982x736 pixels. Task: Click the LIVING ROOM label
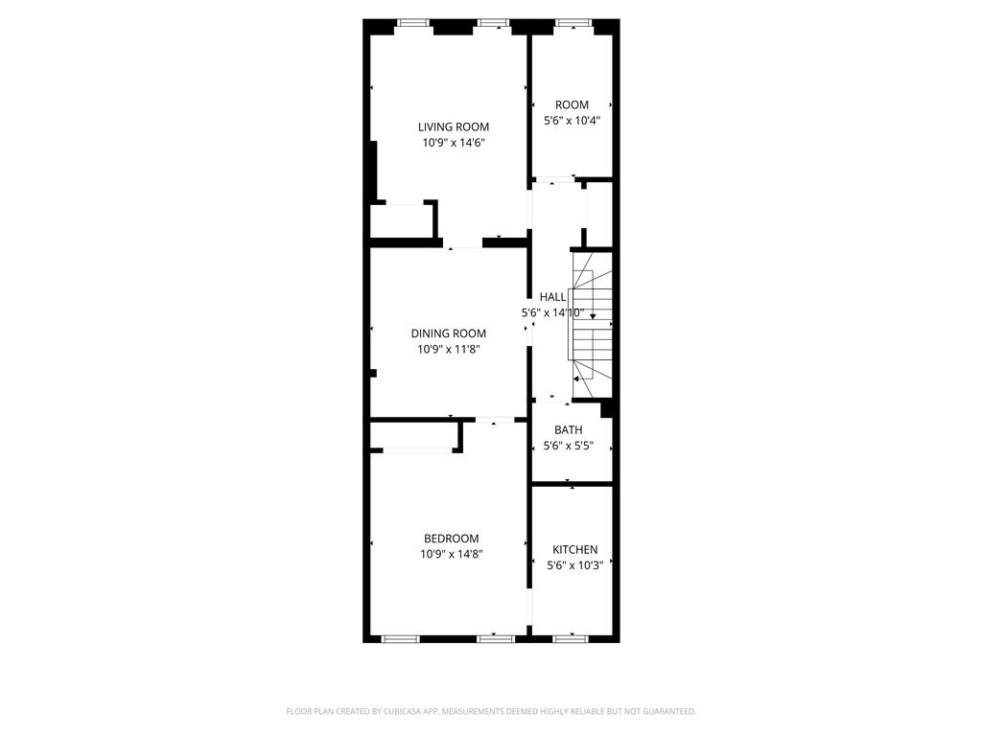tap(453, 126)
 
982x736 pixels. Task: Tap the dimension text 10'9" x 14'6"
tap(453, 143)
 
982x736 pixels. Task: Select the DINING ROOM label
tap(448, 333)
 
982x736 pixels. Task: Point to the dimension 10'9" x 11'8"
tap(448, 350)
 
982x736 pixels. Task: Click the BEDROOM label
tap(451, 539)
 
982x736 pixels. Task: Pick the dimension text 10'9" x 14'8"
tap(451, 554)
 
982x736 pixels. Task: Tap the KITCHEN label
tap(574, 549)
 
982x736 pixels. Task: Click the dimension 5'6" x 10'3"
tap(574, 565)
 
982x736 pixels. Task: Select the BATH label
tap(568, 430)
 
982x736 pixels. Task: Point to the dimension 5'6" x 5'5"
tap(568, 446)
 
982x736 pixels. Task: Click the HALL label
tap(552, 297)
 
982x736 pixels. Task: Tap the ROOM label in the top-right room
tap(572, 104)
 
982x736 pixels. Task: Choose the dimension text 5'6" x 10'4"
tap(572, 121)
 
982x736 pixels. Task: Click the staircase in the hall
tap(591, 316)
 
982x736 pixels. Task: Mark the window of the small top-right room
tap(573, 23)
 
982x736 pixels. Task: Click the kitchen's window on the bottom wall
tap(571, 638)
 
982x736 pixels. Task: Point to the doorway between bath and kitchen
tap(572, 485)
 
